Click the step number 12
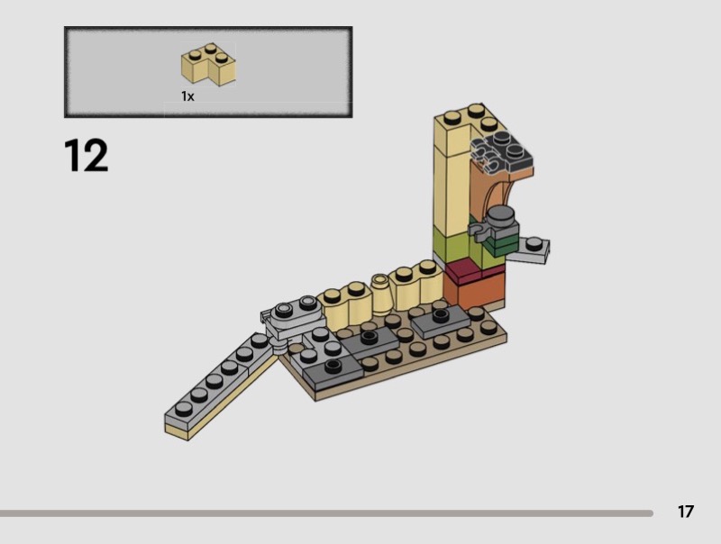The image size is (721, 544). tap(86, 156)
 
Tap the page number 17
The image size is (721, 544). tap(685, 512)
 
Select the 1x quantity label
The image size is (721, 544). tap(187, 96)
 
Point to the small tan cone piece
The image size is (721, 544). tap(381, 293)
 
